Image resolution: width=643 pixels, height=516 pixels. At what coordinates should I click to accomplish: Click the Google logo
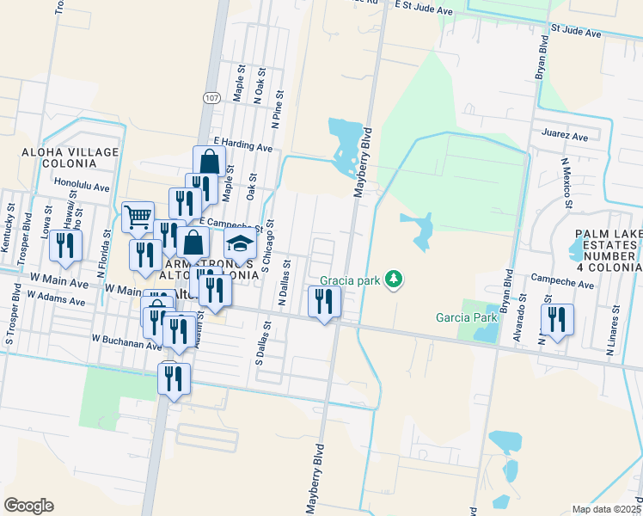click(28, 506)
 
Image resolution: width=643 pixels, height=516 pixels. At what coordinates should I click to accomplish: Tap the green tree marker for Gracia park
click(394, 279)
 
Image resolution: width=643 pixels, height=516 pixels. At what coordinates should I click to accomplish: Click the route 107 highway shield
click(211, 98)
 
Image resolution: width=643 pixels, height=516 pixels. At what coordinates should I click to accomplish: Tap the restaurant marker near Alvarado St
click(557, 320)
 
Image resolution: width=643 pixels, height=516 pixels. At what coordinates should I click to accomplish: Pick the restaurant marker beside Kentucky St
click(65, 246)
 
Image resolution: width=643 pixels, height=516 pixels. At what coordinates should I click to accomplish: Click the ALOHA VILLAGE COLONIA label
click(58, 159)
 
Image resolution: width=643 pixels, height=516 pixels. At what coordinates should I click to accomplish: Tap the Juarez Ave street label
click(565, 136)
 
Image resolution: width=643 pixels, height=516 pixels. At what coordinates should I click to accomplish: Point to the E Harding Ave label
click(243, 143)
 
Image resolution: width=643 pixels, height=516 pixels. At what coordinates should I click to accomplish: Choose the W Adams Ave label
click(57, 298)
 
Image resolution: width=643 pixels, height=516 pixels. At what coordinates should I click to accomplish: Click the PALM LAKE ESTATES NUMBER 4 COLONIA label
click(607, 250)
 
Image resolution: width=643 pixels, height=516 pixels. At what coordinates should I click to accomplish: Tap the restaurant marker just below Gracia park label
click(325, 302)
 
